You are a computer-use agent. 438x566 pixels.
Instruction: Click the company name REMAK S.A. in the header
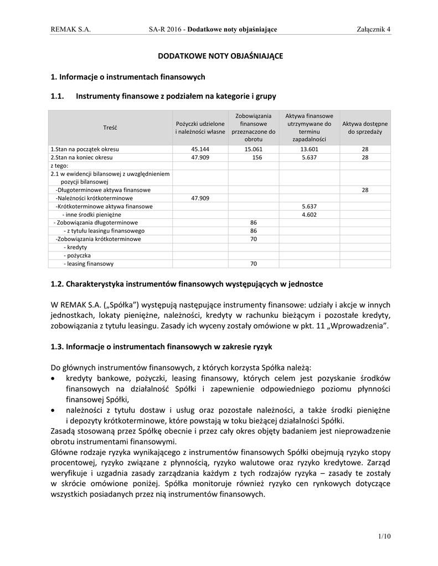click(x=70, y=29)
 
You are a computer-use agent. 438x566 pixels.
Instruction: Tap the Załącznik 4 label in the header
click(x=374, y=29)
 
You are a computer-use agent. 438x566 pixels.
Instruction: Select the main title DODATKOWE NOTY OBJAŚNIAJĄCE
click(x=220, y=56)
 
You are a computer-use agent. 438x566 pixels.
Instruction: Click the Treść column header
click(x=110, y=128)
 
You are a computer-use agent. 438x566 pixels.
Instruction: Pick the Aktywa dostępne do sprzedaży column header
click(x=365, y=128)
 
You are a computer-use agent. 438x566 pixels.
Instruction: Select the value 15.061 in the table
click(x=253, y=149)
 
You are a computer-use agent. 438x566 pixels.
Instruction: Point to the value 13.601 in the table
click(x=308, y=149)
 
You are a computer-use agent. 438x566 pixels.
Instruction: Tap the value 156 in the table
click(x=253, y=158)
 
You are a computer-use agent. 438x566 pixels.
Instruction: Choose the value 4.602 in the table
click(x=308, y=214)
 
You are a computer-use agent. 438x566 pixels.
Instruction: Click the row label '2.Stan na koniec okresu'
click(x=81, y=158)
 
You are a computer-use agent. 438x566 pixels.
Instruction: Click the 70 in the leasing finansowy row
click(x=253, y=264)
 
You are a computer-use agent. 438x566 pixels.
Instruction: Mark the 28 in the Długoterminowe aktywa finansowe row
click(x=365, y=190)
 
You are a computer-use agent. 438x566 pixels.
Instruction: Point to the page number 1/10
click(x=384, y=536)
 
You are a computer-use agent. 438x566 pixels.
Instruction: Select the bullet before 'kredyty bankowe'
click(x=53, y=379)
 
